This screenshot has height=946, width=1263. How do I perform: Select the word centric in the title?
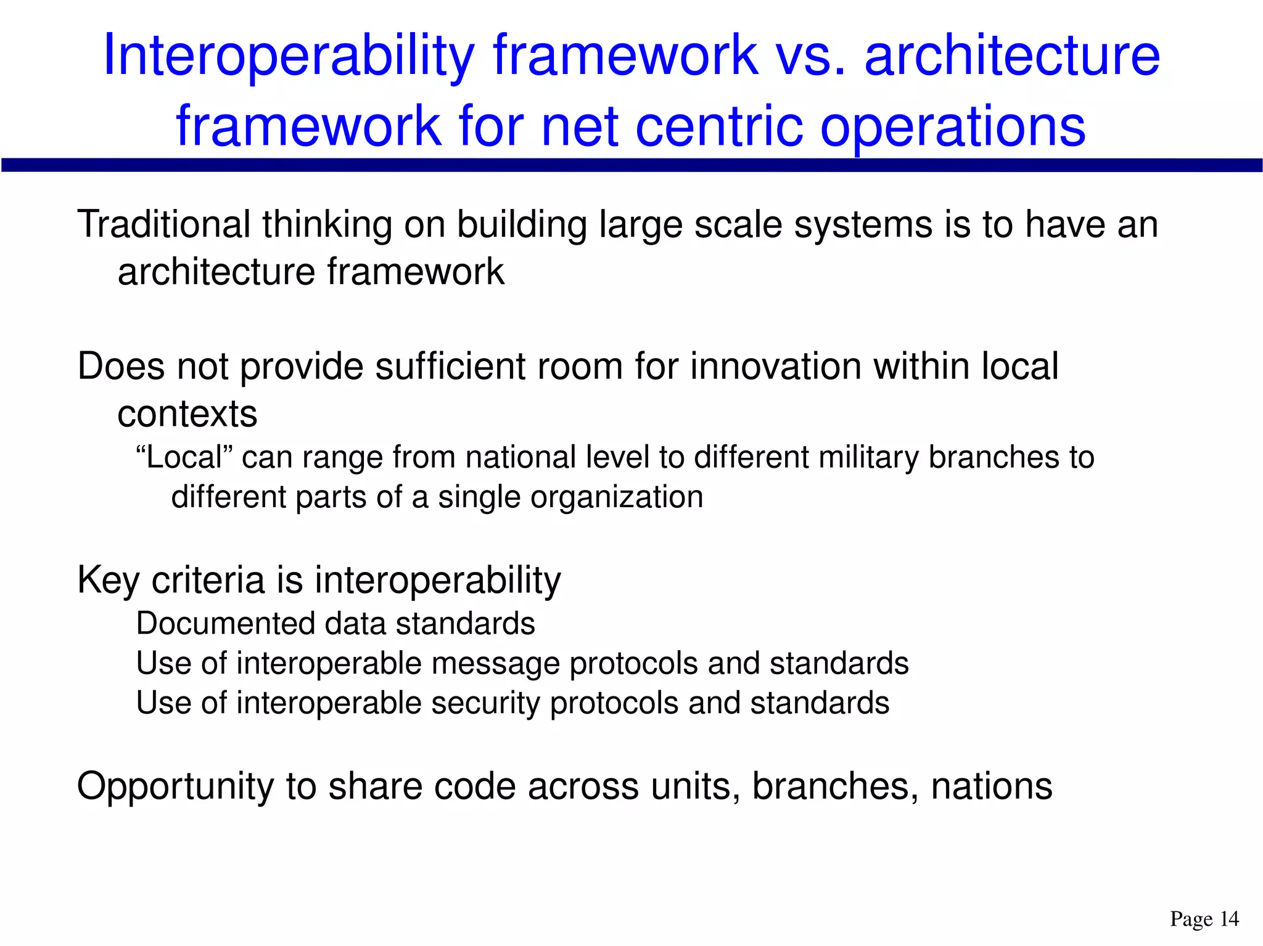pos(719,127)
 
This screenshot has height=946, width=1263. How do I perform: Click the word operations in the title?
pos(953,127)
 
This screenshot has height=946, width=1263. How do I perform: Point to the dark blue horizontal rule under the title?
pos(631,165)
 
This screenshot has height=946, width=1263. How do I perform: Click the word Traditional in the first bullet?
pos(163,224)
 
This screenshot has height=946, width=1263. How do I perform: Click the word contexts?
pos(187,414)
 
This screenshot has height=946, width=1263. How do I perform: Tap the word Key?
pos(109,581)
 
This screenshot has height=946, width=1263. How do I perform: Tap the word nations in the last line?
pos(992,787)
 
